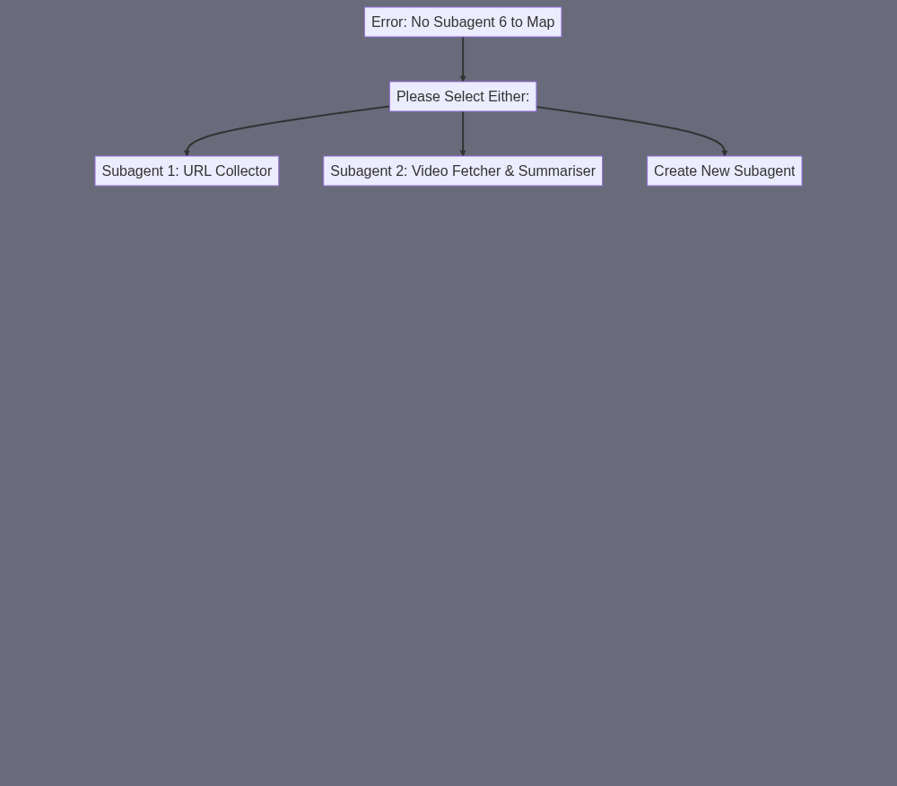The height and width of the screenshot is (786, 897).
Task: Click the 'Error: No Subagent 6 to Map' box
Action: (463, 22)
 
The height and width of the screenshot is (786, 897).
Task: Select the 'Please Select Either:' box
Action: (463, 97)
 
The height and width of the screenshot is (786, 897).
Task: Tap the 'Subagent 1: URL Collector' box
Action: (187, 171)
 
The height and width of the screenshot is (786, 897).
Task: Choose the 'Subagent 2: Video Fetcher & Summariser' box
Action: (463, 171)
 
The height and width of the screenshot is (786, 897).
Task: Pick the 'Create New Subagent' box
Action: (724, 171)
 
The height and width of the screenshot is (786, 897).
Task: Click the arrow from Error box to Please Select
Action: (463, 59)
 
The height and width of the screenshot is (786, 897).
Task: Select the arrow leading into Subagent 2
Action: (463, 134)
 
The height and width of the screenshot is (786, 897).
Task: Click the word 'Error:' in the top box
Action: (389, 22)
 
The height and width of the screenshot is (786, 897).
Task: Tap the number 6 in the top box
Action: (503, 22)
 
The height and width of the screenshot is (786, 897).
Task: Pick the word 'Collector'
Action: (244, 171)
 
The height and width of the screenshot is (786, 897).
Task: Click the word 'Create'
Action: (673, 171)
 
